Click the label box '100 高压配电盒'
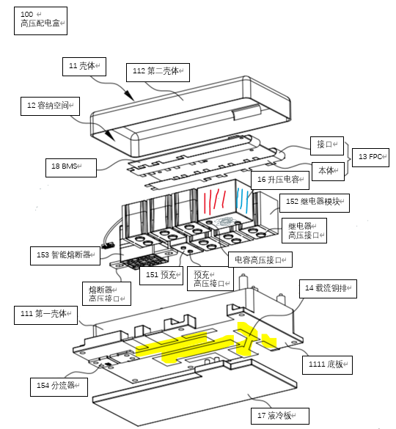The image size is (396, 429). pyautogui.click(x=40, y=21)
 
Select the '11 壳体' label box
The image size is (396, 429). pyautogui.click(x=84, y=67)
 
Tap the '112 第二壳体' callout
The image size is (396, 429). pyautogui.click(x=158, y=73)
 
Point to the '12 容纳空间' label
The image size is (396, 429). pyautogui.click(x=50, y=106)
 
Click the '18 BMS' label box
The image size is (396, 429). pyautogui.click(x=71, y=168)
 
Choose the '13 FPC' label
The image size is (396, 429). pyautogui.click(x=370, y=158)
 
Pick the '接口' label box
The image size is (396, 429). pyautogui.click(x=327, y=146)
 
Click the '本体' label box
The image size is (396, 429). pyautogui.click(x=328, y=172)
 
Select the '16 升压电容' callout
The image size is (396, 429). pyautogui.click(x=280, y=180)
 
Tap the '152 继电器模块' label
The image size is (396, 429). pyautogui.click(x=315, y=203)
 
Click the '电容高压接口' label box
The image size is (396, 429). pyautogui.click(x=260, y=260)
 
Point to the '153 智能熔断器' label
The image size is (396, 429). pyautogui.click(x=65, y=255)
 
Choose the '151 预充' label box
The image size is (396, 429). pyautogui.click(x=161, y=276)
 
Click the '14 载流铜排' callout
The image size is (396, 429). pyautogui.click(x=328, y=289)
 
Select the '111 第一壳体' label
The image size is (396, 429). pyautogui.click(x=45, y=315)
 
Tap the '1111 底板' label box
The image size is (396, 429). pyautogui.click(x=327, y=365)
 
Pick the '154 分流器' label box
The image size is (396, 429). pyautogui.click(x=59, y=387)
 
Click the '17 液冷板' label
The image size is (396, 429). pyautogui.click(x=280, y=416)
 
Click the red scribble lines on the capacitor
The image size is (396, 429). pyautogui.click(x=215, y=202)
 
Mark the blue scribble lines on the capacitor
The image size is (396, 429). pyautogui.click(x=243, y=199)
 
